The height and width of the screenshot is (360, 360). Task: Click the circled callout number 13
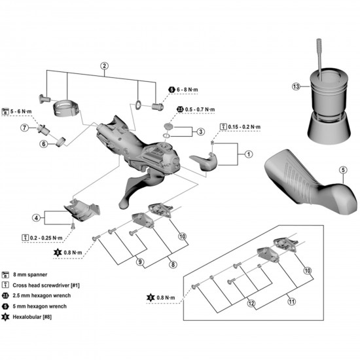coord(296,86)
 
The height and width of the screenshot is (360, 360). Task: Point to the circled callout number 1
coord(248,154)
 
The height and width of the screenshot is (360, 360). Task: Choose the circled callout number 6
coord(43,144)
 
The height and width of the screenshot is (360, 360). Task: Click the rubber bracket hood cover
coord(307,181)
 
